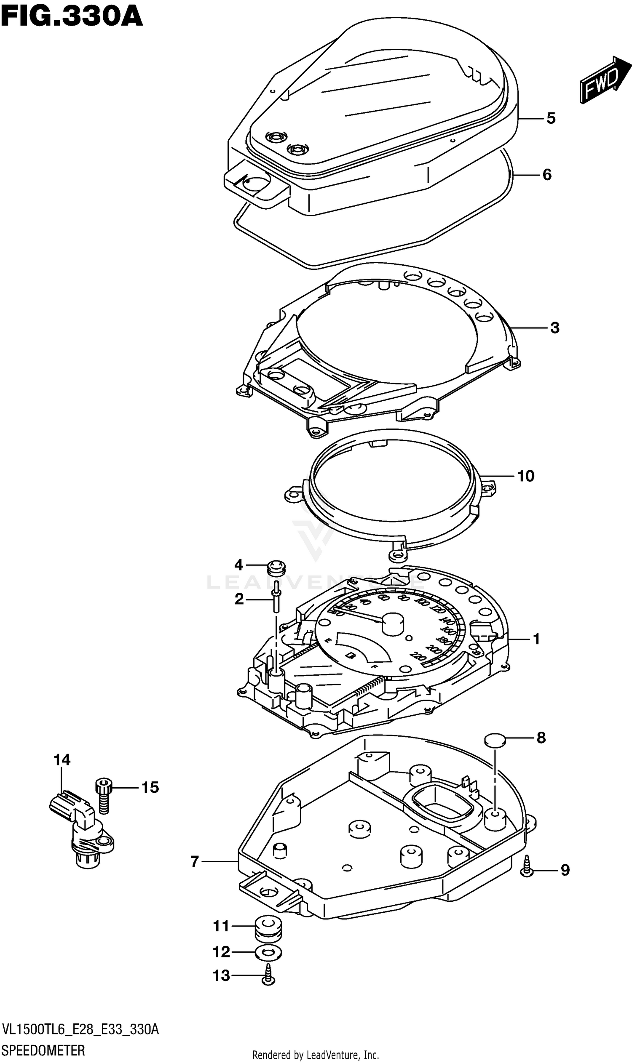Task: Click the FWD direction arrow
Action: pos(604,80)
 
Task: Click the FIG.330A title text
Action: pos(72,17)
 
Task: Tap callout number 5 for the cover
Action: pos(551,118)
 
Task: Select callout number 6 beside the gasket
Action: pos(547,174)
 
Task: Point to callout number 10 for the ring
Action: pos(526,476)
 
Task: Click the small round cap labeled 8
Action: pos(495,751)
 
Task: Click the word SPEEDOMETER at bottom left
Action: pos(43,1050)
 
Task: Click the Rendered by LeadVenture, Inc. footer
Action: pos(316,1055)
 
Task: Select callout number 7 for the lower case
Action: pos(195,861)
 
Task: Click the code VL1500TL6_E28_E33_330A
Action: pos(80,1029)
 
